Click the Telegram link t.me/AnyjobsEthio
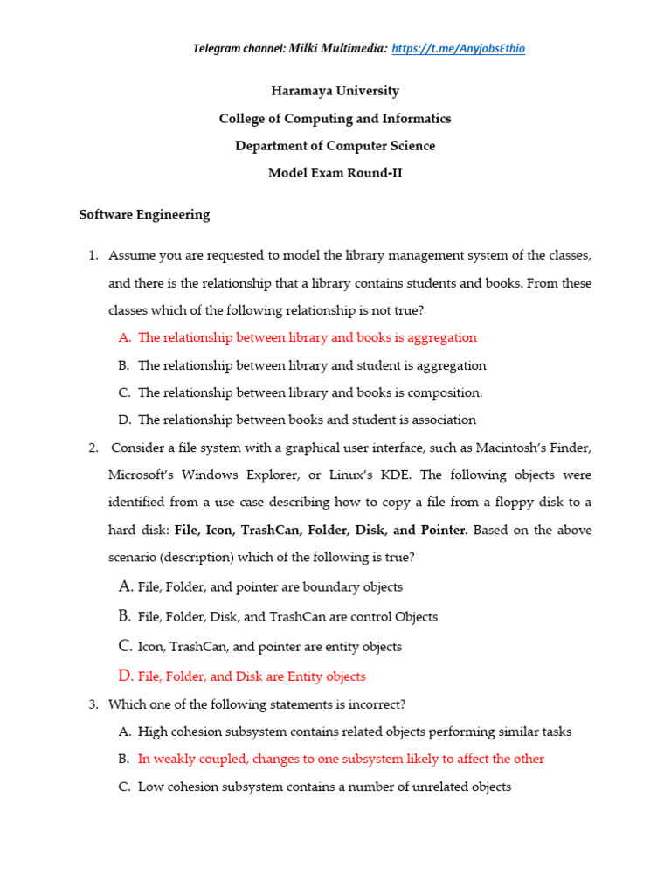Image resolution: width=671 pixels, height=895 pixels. (x=459, y=49)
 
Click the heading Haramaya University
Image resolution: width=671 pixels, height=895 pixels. (x=335, y=91)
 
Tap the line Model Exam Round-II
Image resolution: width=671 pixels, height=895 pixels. (x=335, y=173)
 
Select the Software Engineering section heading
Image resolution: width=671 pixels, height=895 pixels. (x=144, y=214)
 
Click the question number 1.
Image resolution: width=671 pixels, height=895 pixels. (x=93, y=255)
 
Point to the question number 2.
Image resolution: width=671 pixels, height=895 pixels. (x=93, y=447)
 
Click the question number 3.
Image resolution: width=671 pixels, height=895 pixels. (x=93, y=704)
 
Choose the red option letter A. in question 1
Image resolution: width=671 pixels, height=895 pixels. (x=124, y=337)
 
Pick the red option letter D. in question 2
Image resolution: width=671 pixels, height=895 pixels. (x=125, y=676)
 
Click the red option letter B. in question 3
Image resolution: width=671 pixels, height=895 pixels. (x=124, y=759)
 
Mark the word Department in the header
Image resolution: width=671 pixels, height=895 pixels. (x=271, y=146)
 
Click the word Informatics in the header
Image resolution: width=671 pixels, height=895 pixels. (x=411, y=118)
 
